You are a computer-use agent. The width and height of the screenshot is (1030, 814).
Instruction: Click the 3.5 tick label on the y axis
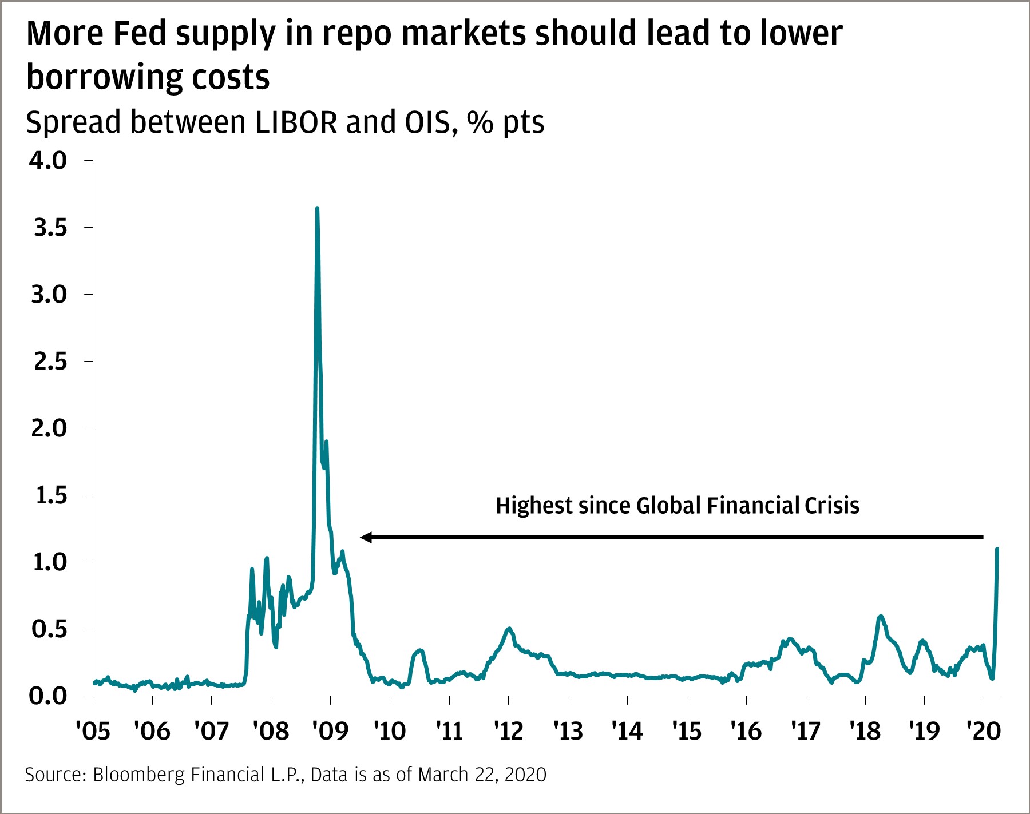coord(50,228)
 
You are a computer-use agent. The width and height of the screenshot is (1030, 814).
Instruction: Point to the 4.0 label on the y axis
coord(49,161)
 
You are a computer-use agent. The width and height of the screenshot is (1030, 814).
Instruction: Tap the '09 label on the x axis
coord(330,731)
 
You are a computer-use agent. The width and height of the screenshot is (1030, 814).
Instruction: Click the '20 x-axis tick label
coord(983,731)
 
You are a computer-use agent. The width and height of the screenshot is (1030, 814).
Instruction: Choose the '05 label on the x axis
coord(93,731)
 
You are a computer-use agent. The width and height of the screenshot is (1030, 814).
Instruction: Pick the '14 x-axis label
coord(627,731)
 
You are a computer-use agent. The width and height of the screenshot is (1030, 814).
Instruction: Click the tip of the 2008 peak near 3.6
coord(317,209)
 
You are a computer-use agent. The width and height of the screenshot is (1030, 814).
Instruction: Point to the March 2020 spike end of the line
coord(997,549)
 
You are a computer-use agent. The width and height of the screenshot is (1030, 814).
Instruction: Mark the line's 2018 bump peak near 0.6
coord(880,616)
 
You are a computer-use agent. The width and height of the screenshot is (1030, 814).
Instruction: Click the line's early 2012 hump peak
coord(509,629)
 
